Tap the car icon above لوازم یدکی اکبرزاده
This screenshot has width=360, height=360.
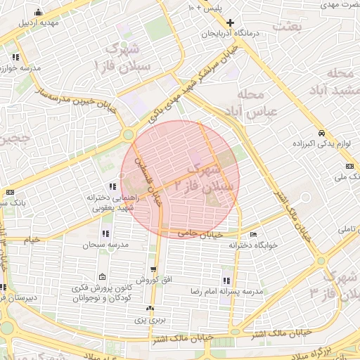321,133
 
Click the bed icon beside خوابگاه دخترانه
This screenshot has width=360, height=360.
253,235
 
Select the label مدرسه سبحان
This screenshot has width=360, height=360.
105,245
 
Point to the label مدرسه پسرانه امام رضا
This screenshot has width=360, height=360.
233,290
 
